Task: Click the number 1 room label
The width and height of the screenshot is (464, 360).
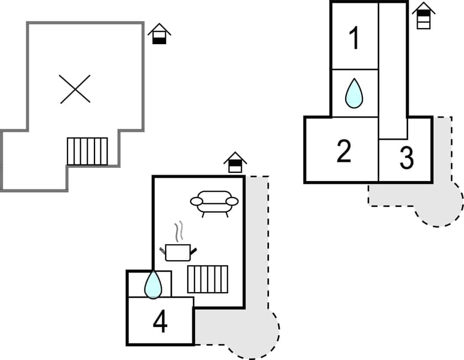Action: click(354, 38)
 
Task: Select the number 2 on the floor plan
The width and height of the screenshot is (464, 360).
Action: click(344, 151)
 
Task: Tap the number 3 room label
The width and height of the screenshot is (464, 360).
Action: click(406, 158)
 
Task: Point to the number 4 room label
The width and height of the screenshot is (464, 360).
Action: click(160, 322)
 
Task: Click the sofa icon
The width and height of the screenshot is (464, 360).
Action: click(214, 203)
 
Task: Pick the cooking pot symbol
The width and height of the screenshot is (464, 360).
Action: click(178, 252)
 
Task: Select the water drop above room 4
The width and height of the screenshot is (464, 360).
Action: click(153, 284)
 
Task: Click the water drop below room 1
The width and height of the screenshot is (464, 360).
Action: click(354, 93)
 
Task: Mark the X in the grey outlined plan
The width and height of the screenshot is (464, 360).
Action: click(75, 89)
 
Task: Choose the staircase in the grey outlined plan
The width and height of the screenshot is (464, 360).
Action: click(87, 151)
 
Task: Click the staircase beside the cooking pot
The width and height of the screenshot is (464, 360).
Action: click(208, 279)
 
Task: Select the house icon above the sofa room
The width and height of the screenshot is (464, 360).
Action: click(235, 162)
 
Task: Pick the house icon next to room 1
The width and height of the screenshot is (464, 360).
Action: click(424, 15)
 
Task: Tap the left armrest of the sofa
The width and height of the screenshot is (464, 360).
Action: click(197, 202)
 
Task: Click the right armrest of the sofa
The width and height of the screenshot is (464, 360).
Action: click(233, 202)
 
